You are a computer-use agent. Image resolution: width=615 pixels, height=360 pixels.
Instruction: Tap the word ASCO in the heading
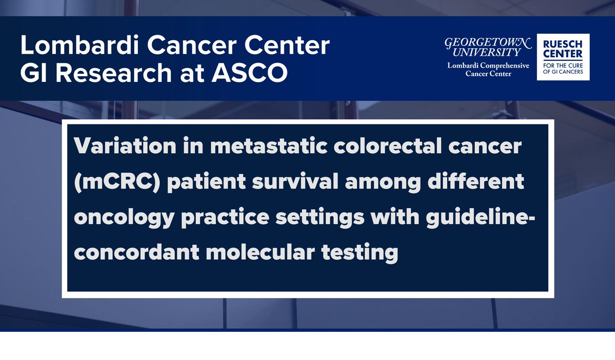coord(249,73)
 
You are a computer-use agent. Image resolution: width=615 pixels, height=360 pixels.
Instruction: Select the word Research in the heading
coord(114,73)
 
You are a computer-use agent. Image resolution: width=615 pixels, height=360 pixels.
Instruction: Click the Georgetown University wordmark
coord(488,47)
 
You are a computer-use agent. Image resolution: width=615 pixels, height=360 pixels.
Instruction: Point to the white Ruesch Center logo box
coord(563,57)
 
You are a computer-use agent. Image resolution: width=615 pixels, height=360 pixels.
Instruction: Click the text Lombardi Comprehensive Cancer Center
coord(488,70)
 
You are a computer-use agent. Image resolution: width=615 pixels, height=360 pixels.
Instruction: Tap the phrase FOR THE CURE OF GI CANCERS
coord(563,69)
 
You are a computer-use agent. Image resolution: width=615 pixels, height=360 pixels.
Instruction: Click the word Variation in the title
coord(125,145)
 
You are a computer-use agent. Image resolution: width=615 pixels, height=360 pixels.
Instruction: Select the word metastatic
coord(269,145)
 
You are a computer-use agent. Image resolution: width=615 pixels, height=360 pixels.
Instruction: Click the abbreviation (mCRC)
coord(117,182)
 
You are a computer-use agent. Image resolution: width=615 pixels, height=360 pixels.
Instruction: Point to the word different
coord(476,181)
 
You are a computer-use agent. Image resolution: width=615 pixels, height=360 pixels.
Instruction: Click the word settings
coord(320,218)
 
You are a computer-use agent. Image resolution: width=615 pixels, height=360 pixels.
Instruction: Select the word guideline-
coord(481,218)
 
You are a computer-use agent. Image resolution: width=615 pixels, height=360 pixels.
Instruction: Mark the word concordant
coord(137,252)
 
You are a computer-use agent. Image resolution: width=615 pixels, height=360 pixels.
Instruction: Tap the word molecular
coord(260,252)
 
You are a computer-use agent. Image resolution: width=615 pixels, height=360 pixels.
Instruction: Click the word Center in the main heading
coord(287,45)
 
